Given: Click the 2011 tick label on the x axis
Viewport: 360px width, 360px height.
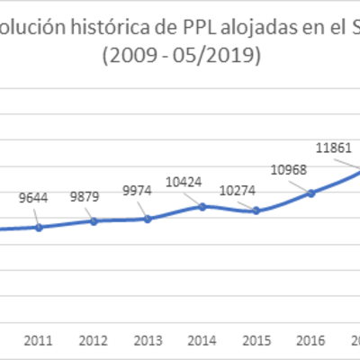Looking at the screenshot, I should (38, 341).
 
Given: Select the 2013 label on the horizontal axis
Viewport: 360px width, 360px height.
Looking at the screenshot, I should (147, 341).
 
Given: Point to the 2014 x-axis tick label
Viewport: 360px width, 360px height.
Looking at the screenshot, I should (202, 341).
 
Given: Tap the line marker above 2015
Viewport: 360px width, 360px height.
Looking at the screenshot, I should (256, 211).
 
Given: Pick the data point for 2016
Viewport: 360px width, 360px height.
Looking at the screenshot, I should (311, 192).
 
